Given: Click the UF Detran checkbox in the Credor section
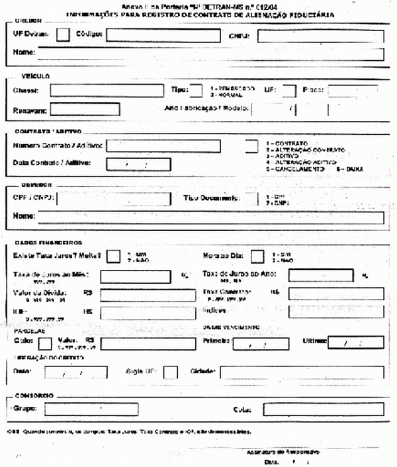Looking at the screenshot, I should coord(64,35).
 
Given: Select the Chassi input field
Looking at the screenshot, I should coord(106,91).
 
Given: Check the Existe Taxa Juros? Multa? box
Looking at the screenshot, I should coord(114,256).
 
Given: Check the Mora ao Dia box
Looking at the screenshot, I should coord(259,256).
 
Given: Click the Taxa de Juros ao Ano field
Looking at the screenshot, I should coord(320,275).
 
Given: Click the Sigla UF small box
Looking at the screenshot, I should coord(170,373).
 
